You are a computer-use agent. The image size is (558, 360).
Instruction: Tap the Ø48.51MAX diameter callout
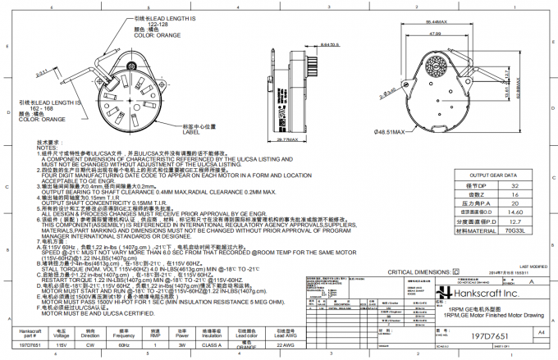tap(392, 132)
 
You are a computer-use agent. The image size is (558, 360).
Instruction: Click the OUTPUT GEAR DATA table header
tap(492, 175)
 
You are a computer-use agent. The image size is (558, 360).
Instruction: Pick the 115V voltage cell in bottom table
tap(60, 345)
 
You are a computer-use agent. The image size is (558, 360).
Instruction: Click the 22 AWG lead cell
tap(286, 345)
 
